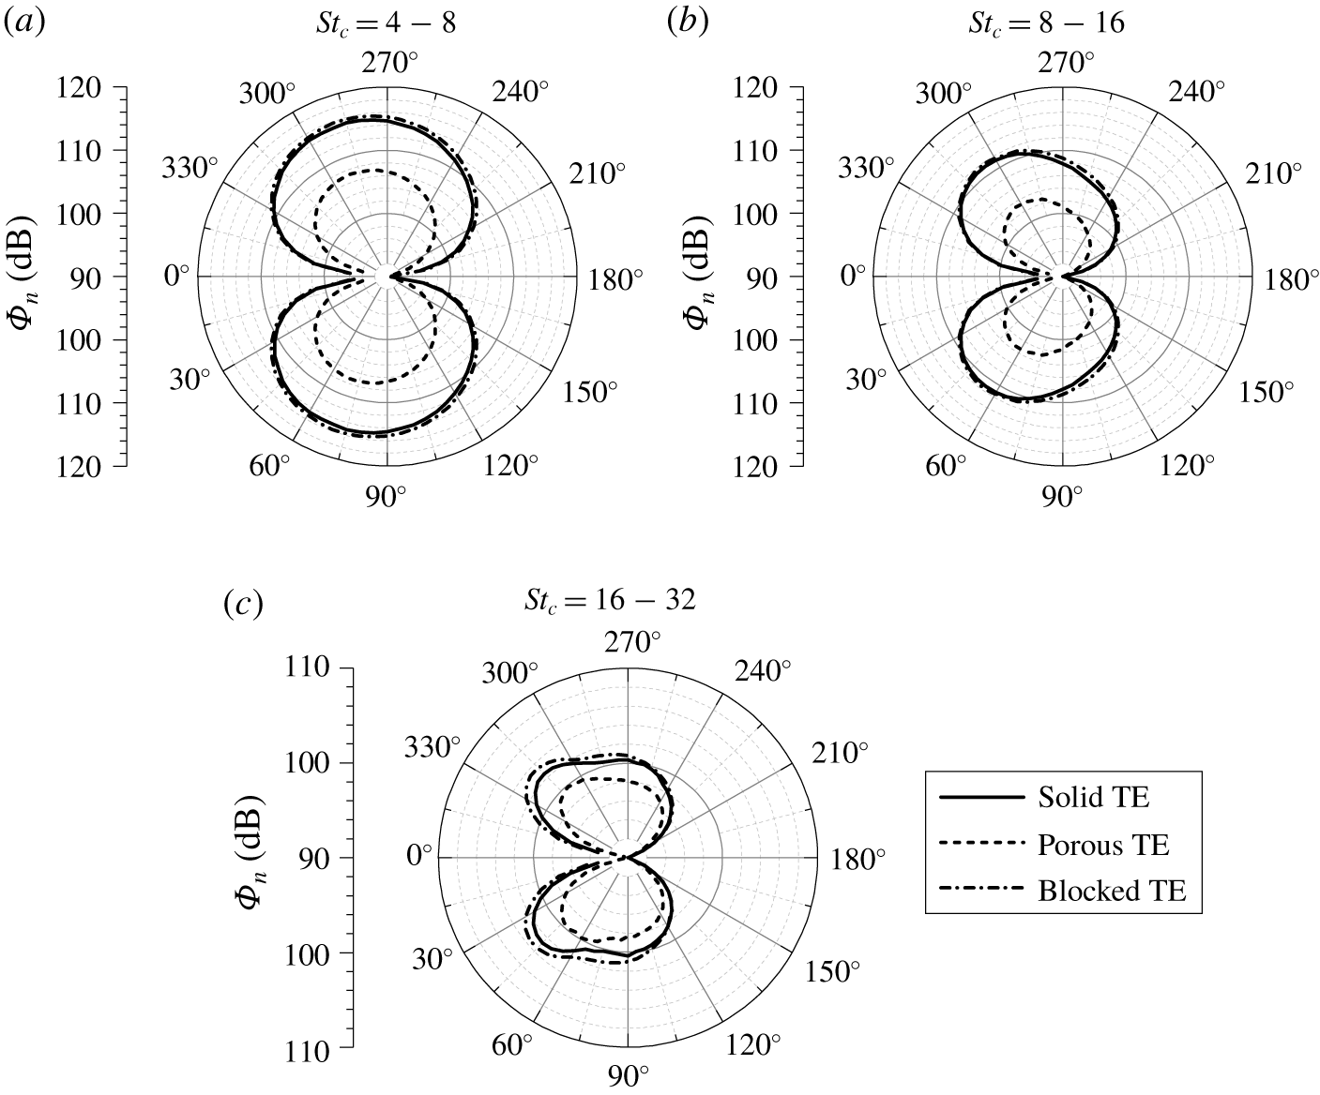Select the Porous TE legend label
point(1103,845)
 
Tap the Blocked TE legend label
point(1112,891)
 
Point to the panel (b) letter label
point(687,24)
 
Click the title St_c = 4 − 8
point(386,24)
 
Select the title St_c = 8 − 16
point(1047,24)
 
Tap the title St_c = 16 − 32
point(610,601)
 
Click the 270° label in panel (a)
point(387,64)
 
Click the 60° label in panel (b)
point(946,466)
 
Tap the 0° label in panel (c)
point(418,857)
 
